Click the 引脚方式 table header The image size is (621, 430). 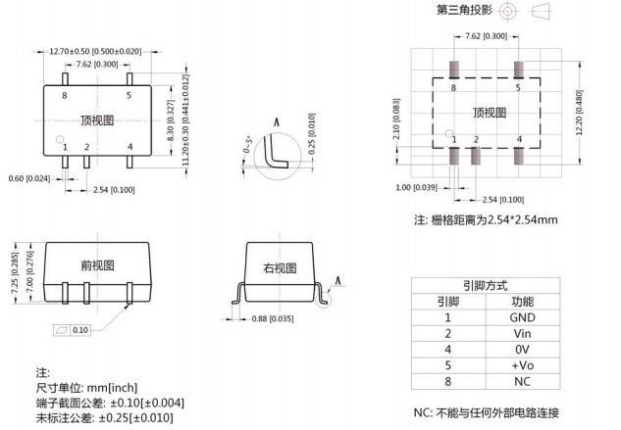[486, 286]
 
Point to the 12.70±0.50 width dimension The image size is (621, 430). [95, 51]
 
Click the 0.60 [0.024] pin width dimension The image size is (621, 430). [29, 179]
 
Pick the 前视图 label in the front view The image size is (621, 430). [96, 265]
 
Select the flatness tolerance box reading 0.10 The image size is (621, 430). [75, 330]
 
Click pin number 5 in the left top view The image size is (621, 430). [129, 95]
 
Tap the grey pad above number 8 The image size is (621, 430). [453, 71]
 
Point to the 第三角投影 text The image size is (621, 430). [462, 11]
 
